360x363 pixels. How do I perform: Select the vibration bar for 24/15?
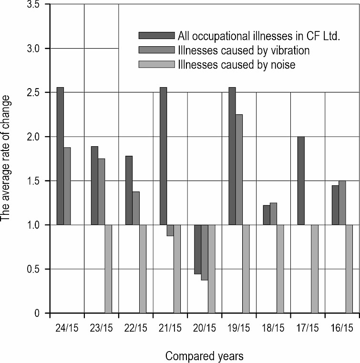[x=67, y=186]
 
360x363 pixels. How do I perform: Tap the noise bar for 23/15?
[x=108, y=269]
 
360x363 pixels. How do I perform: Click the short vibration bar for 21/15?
[x=170, y=230]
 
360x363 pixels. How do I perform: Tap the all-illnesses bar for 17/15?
[x=301, y=181]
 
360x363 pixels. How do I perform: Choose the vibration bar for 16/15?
[x=342, y=202]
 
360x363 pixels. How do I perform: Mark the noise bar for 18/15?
[x=280, y=269]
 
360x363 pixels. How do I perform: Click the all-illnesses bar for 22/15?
[x=129, y=190]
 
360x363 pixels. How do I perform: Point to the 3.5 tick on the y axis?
[x=33, y=5]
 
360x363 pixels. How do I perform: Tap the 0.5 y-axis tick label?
[x=33, y=269]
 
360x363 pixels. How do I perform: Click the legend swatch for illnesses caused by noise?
[x=156, y=65]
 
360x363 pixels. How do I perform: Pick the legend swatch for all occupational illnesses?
[x=156, y=35]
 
